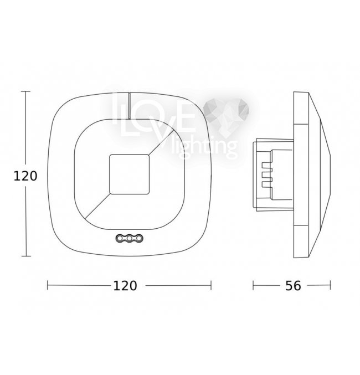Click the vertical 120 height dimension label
25,176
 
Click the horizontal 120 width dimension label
125,286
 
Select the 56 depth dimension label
293,286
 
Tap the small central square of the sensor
130,174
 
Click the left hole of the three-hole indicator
120,238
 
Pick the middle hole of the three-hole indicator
130,238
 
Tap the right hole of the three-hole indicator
139,238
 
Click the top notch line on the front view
129,106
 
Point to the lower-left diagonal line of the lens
97,207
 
